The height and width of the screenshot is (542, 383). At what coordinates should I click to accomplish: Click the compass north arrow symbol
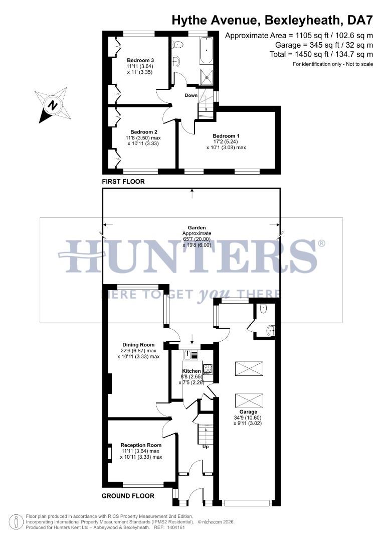click(52, 105)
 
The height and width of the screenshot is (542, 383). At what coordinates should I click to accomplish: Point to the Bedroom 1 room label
click(226, 136)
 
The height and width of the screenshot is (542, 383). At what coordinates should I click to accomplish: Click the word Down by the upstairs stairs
click(191, 95)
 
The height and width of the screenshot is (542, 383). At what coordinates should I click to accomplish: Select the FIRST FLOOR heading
click(123, 182)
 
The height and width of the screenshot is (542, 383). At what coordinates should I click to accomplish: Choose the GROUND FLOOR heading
click(128, 496)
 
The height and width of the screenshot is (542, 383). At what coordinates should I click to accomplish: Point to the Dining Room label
click(138, 345)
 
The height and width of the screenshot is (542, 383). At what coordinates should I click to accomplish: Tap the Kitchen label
click(191, 371)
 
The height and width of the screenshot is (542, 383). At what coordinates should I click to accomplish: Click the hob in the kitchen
click(208, 369)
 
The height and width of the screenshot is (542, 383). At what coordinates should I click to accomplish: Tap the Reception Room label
click(141, 445)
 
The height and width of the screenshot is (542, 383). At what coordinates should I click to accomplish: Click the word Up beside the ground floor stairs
click(205, 446)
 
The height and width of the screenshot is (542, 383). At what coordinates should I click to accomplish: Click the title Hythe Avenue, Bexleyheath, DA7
click(272, 21)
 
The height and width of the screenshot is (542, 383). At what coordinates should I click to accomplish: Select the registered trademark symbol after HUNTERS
click(321, 243)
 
